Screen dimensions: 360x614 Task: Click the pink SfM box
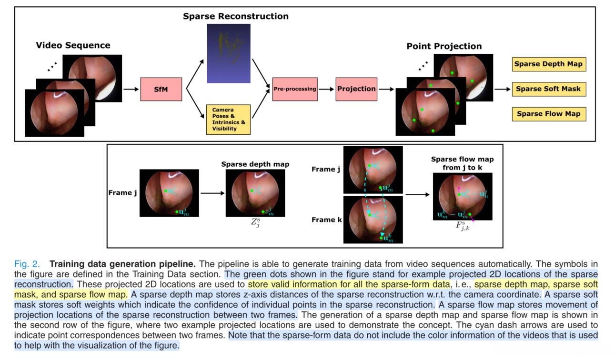(161, 89)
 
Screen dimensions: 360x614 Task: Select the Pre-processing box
(295, 89)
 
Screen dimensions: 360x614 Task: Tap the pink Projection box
(356, 89)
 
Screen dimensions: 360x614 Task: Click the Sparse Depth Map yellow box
(549, 64)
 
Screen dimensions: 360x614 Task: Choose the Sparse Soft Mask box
(549, 89)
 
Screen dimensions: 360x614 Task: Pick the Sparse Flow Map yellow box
(549, 114)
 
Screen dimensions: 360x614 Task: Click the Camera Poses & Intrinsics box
(228, 120)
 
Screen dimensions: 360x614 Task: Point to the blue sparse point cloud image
(228, 53)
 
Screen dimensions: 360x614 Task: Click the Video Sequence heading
(73, 46)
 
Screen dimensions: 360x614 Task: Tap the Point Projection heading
(444, 47)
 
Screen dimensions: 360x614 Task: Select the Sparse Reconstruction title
(235, 16)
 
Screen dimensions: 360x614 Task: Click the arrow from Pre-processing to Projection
(326, 89)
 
